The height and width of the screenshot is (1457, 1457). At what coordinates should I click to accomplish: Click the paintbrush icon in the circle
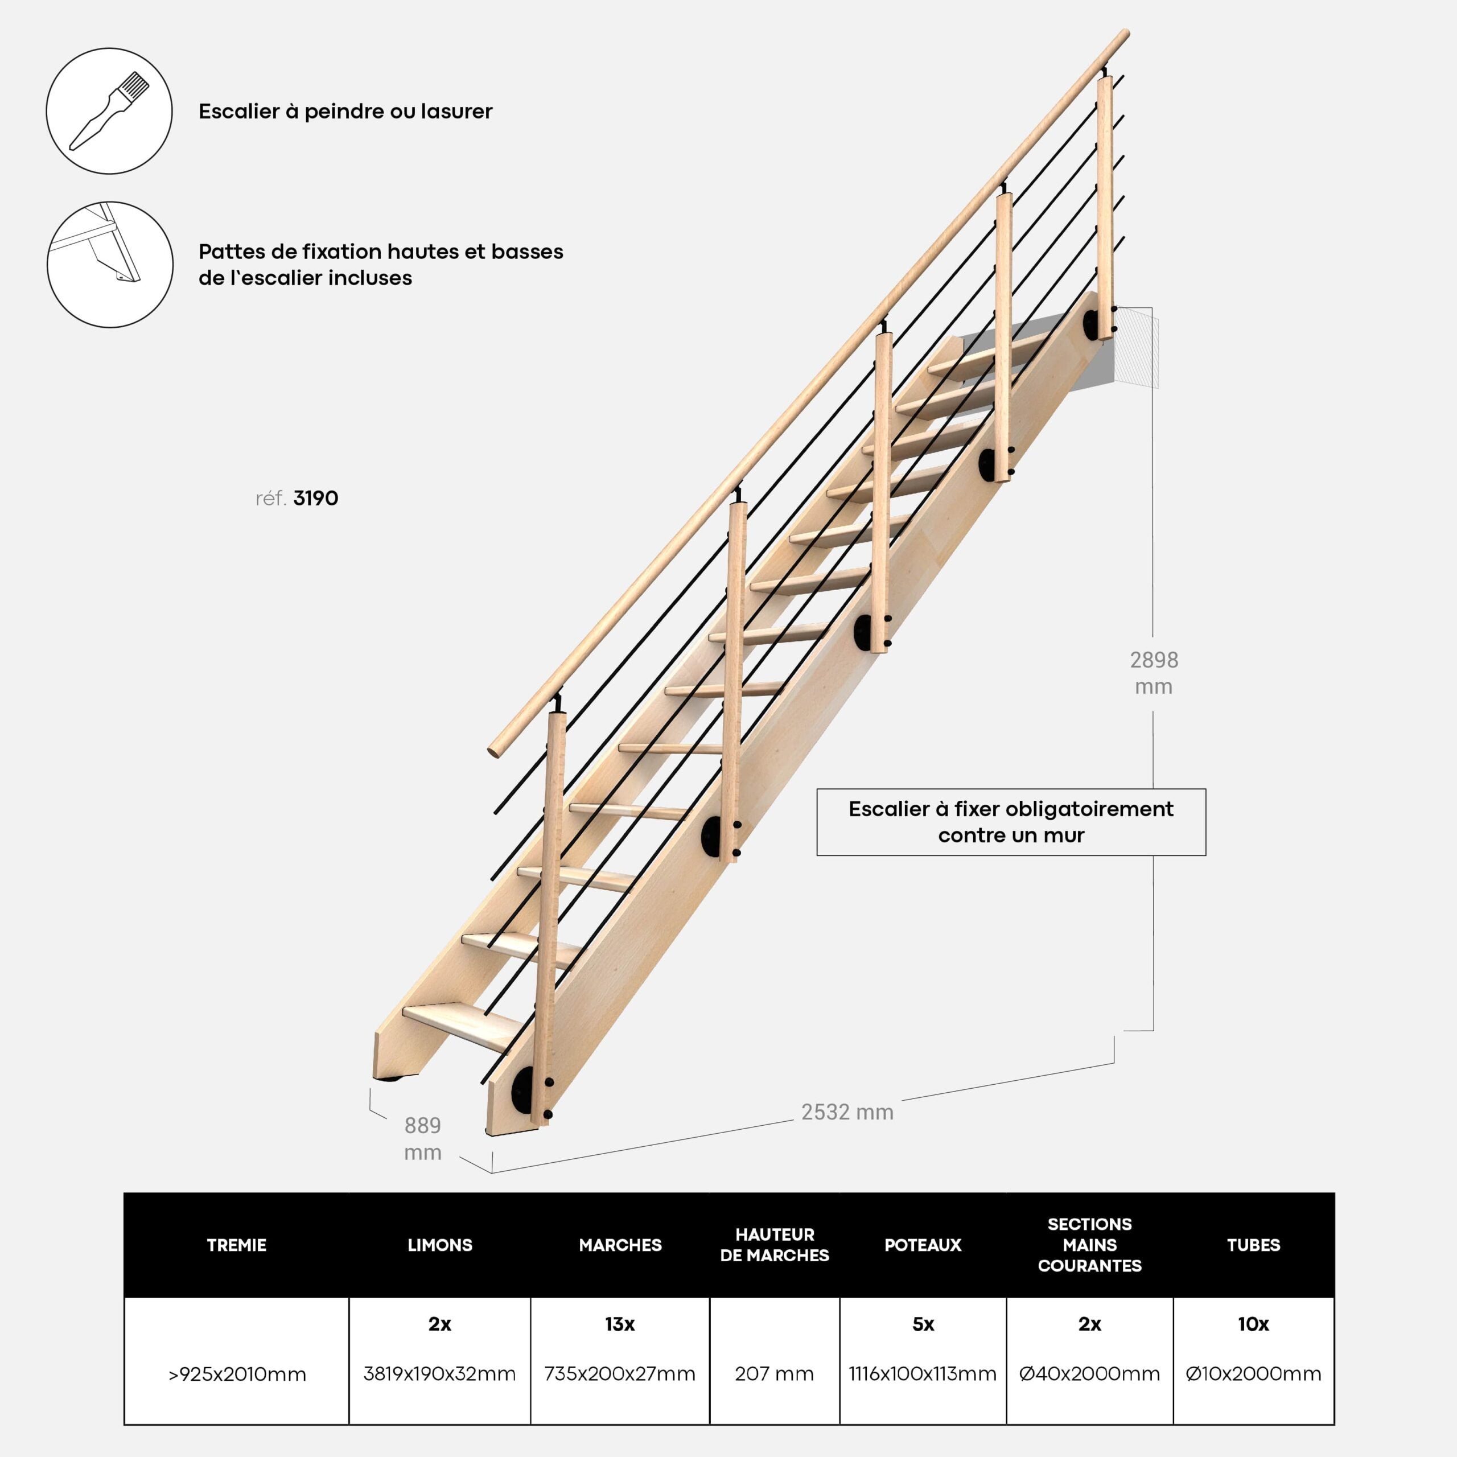click(109, 111)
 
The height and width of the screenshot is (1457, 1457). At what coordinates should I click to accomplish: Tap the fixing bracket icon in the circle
click(110, 264)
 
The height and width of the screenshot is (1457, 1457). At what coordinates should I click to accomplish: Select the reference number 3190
click(315, 499)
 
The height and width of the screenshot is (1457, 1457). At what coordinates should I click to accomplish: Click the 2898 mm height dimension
click(1153, 673)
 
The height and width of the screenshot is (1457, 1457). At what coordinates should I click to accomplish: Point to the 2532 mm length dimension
click(847, 1112)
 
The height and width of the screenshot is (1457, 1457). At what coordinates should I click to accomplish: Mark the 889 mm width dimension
click(422, 1139)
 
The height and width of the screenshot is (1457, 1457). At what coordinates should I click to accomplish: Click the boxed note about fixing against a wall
click(1011, 822)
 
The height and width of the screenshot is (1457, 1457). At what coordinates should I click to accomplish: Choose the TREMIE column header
click(236, 1245)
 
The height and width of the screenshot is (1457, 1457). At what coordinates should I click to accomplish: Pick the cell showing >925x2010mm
click(237, 1374)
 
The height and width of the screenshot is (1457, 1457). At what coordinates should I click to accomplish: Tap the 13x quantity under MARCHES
click(620, 1323)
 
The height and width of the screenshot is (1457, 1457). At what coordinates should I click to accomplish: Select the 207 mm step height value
click(775, 1374)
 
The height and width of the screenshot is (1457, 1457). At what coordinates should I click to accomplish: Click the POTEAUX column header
click(923, 1245)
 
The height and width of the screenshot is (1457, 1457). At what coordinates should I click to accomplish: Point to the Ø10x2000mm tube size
click(1253, 1374)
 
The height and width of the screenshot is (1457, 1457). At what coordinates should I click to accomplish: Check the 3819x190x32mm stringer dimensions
click(440, 1374)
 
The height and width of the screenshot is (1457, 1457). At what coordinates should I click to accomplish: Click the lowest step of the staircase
click(460, 1026)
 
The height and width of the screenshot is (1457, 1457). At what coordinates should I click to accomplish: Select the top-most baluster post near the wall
click(1105, 207)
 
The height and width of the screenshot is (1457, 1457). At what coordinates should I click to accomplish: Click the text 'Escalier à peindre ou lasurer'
click(345, 112)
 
